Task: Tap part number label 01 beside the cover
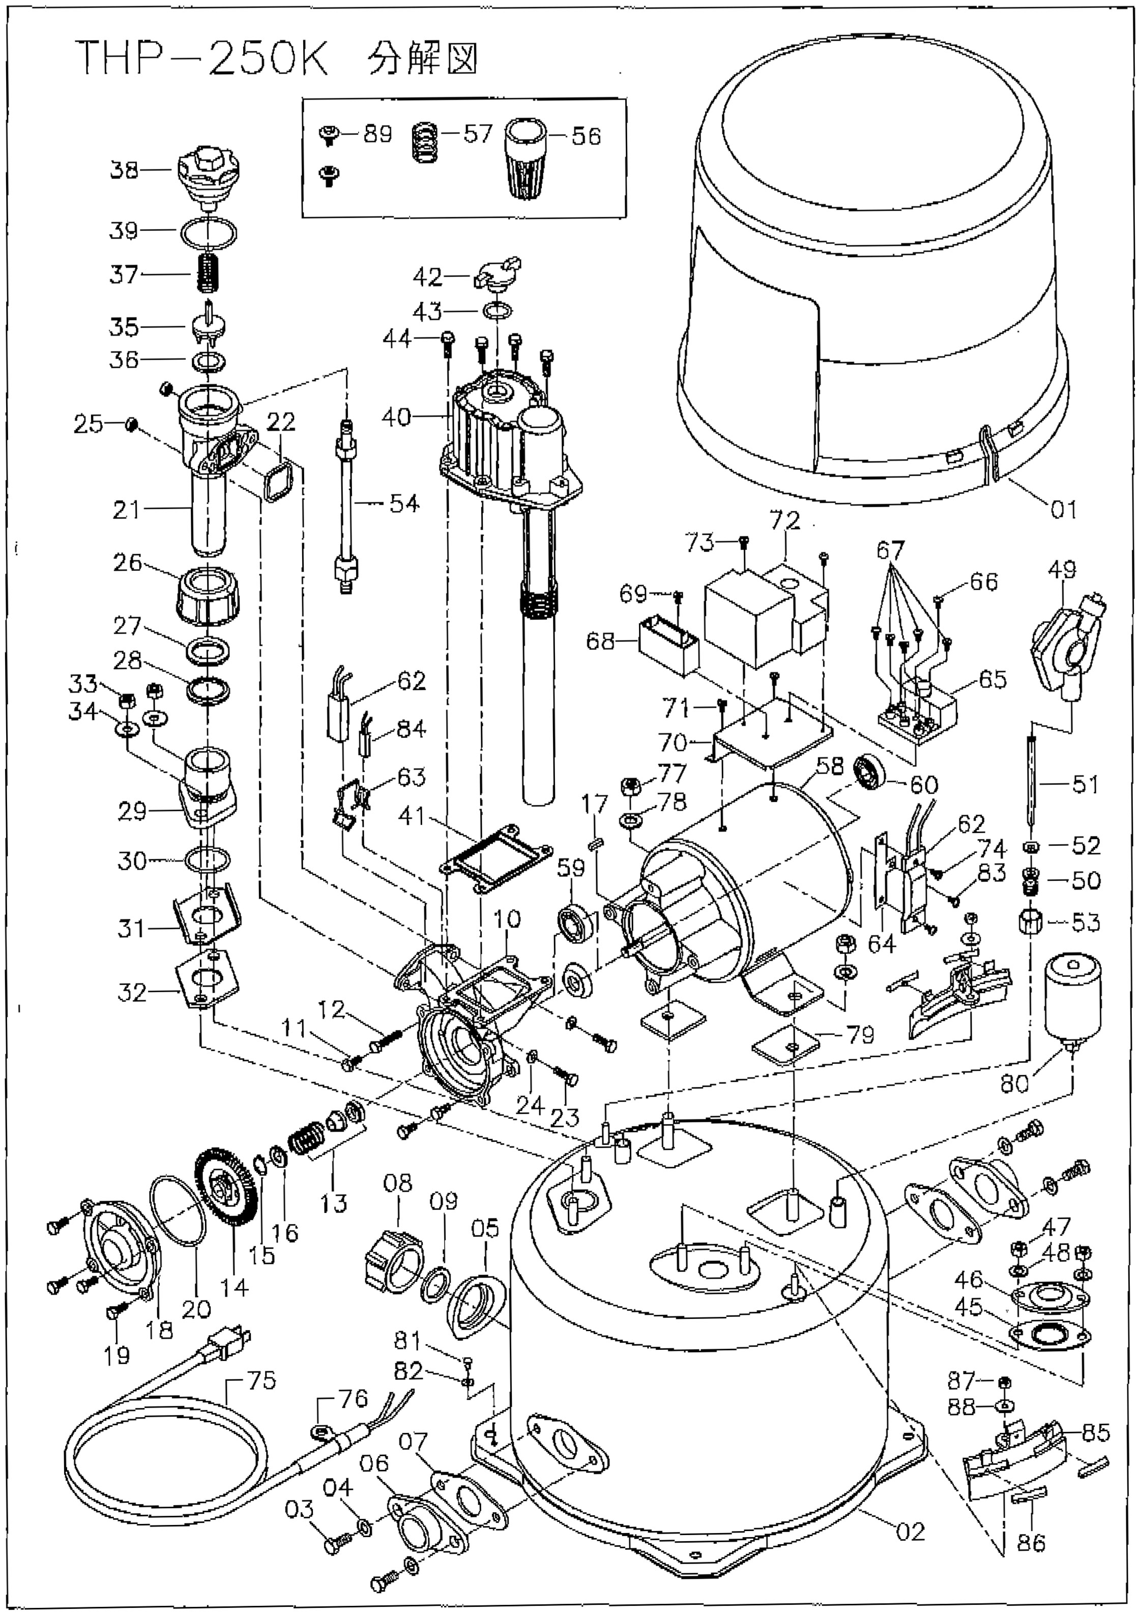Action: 1063,509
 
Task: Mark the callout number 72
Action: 785,521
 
